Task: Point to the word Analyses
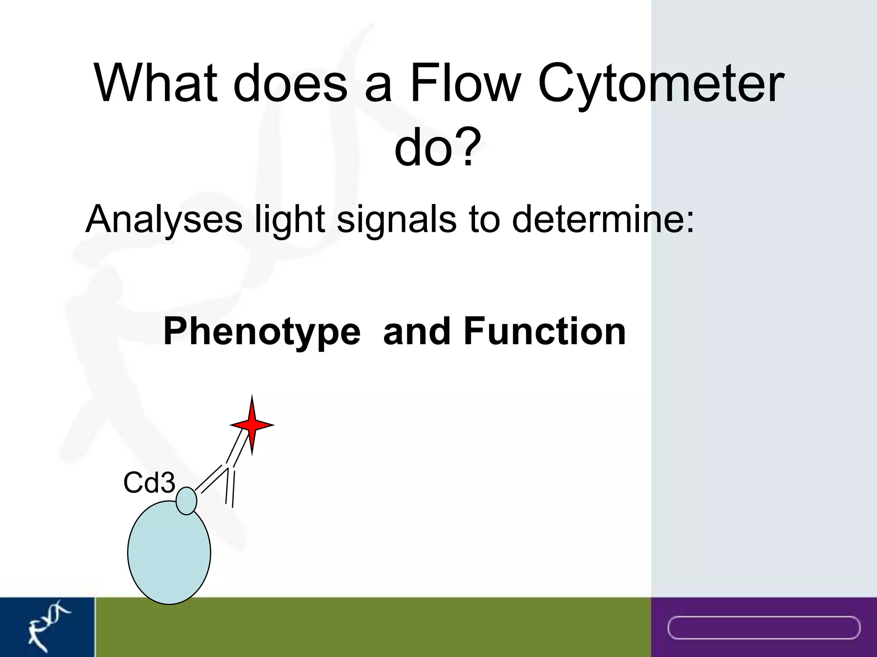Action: [x=164, y=219]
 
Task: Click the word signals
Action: [x=397, y=219]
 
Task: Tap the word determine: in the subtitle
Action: [x=603, y=219]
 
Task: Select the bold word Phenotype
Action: [x=262, y=332]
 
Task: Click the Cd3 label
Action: [x=149, y=483]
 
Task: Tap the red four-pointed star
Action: [x=252, y=425]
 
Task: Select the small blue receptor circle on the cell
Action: [x=186, y=500]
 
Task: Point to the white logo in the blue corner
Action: [x=47, y=626]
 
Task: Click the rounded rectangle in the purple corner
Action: [x=764, y=627]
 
